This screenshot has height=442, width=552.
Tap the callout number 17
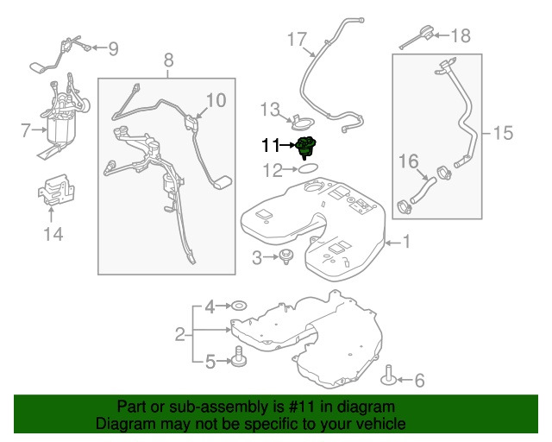(x=297, y=39)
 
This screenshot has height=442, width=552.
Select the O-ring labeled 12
(x=307, y=170)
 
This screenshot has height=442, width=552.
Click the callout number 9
(x=113, y=48)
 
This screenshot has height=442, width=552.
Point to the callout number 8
(x=168, y=60)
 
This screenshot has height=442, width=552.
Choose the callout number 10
(x=215, y=101)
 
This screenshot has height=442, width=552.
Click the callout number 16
(x=407, y=161)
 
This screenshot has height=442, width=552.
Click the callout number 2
(x=180, y=333)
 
